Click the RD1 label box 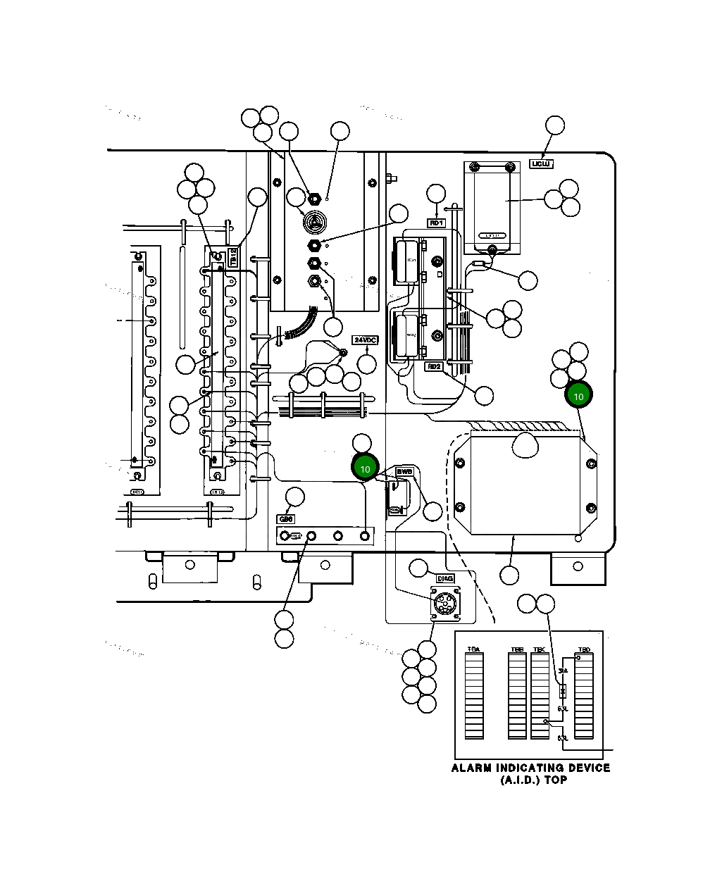point(437,223)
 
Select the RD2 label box point(434,366)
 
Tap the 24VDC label point(366,339)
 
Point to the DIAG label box point(445,578)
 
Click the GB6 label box point(286,519)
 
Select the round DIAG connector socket point(444,604)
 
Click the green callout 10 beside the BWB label point(365,468)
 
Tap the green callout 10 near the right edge point(579,396)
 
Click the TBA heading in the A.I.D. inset point(474,649)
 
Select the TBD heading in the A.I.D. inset point(584,649)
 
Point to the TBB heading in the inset point(517,649)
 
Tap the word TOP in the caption point(555,780)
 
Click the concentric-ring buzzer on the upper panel point(315,221)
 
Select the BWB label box point(404,471)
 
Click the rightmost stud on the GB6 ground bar point(365,536)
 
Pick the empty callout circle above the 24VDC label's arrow point(367,363)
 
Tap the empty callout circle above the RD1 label point(437,194)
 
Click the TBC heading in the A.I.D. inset point(540,649)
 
